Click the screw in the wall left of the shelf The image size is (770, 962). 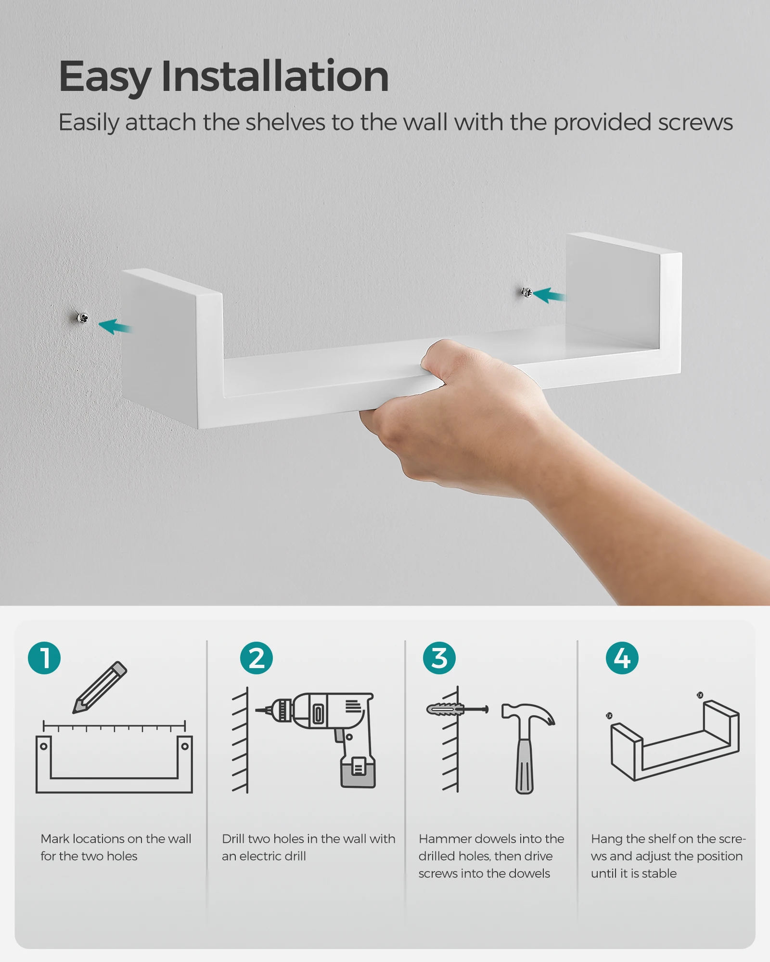coord(83,318)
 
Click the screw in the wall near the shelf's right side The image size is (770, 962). coord(527,292)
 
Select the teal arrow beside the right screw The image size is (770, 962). coord(549,295)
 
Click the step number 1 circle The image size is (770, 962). coord(44,658)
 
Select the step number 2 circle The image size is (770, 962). coord(257,658)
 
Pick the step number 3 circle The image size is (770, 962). coord(439,658)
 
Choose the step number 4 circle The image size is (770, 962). coord(622,658)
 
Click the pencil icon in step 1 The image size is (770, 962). coord(100,687)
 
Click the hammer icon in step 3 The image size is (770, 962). coord(527,747)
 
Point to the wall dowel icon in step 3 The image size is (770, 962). coord(446,709)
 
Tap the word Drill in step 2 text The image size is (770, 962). coord(233,839)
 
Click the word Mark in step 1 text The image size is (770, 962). coord(55,839)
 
